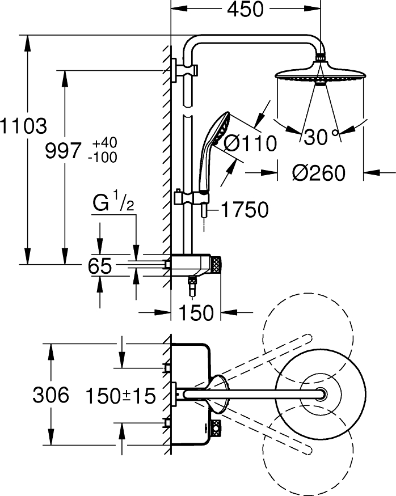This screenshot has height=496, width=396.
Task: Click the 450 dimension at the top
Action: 245,10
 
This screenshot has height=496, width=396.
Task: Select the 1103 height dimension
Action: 23,126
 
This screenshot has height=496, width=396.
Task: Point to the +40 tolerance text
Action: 105,142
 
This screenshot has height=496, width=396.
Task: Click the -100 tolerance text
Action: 103,157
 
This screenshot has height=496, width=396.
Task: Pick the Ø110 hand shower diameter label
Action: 250,143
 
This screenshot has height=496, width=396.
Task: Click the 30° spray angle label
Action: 321,137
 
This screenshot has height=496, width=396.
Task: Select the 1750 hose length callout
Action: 244,210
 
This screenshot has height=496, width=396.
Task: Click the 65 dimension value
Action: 100,266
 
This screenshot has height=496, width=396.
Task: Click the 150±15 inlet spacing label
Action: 120,395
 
